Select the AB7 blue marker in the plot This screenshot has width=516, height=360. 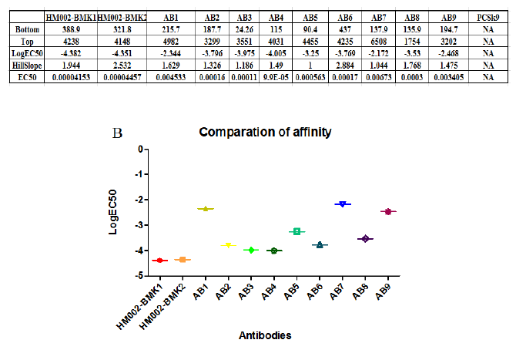[x=342, y=204]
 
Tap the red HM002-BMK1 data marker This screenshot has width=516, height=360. [x=159, y=261]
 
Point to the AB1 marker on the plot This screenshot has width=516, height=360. [x=205, y=208]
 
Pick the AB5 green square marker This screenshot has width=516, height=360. [x=297, y=231]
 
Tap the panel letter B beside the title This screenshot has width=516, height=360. [x=118, y=133]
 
